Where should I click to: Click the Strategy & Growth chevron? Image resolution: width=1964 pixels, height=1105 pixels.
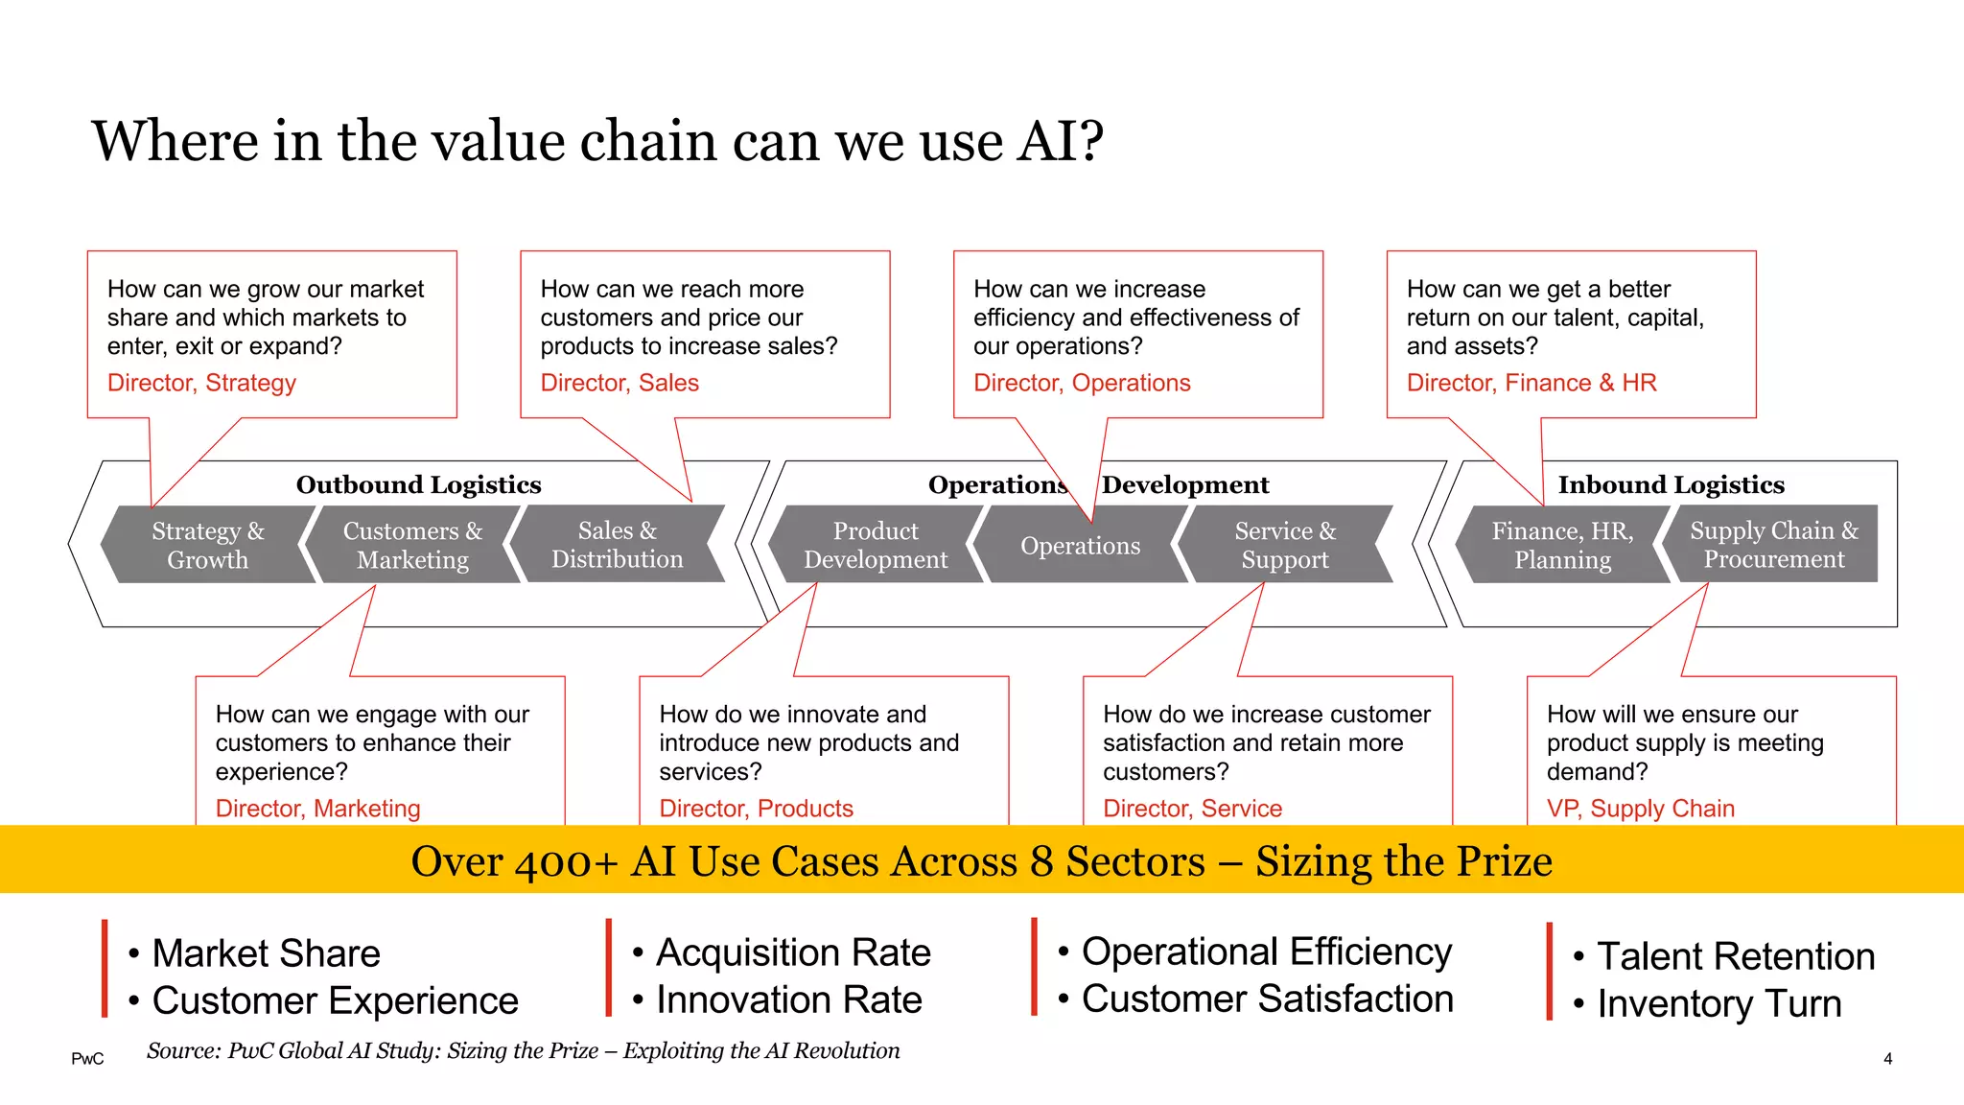click(208, 545)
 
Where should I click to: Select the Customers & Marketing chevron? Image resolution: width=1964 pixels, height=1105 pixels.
click(412, 545)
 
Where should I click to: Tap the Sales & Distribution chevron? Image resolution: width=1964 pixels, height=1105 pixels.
click(617, 545)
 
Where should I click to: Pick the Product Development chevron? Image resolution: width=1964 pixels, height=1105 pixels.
click(875, 545)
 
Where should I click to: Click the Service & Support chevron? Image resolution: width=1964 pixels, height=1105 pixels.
click(1285, 545)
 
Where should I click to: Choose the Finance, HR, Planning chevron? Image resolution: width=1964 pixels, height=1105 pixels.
click(1562, 545)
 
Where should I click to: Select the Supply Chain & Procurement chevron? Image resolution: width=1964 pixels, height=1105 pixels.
click(1773, 544)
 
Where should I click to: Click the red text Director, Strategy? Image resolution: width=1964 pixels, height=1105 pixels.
click(201, 383)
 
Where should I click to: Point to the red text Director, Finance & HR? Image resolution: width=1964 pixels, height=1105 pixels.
click(1531, 383)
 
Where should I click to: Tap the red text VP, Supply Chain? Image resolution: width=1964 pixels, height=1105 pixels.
click(1641, 809)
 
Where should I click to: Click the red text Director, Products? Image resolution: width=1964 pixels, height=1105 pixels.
click(756, 809)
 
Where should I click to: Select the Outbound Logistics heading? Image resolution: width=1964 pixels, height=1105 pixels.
click(418, 484)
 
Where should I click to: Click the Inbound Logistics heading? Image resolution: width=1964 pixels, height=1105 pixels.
click(1671, 484)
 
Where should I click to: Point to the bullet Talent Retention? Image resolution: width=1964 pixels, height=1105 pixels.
click(1735, 956)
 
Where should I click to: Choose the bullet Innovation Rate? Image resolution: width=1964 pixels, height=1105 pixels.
click(788, 999)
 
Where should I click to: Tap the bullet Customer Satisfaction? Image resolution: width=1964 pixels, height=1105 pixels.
click(1267, 999)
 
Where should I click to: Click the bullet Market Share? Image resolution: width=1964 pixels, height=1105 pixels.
click(266, 953)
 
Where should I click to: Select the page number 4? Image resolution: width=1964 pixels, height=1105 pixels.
click(1887, 1059)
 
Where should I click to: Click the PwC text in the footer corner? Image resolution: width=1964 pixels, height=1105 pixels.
click(87, 1059)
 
